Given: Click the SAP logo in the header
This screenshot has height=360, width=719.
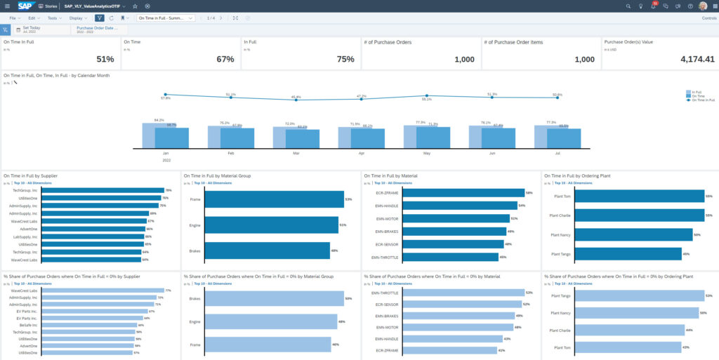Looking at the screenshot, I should click(x=26, y=6).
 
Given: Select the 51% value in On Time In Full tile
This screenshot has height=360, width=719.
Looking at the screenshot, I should click(x=105, y=60).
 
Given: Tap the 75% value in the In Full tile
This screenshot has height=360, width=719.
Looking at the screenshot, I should click(x=345, y=60).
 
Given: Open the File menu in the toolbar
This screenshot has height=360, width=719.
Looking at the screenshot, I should click(x=13, y=18).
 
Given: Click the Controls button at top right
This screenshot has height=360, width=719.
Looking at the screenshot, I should click(x=708, y=18).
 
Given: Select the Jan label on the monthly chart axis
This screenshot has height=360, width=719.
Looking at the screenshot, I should click(x=166, y=152).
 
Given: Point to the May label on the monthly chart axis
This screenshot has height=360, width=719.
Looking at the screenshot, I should click(x=426, y=152).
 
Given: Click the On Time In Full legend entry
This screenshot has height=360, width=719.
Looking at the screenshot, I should click(x=702, y=100).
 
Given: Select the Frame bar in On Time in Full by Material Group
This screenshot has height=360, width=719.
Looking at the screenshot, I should click(x=274, y=199).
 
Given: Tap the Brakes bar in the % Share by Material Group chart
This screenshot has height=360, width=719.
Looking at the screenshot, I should click(x=274, y=299).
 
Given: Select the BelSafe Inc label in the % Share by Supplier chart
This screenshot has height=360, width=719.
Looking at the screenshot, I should click(x=29, y=325).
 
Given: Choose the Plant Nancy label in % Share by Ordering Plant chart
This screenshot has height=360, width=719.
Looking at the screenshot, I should click(x=562, y=313).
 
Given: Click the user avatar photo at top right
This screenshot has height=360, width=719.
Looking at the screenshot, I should click(x=703, y=6).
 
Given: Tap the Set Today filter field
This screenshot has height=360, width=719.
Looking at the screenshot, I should click(x=32, y=28).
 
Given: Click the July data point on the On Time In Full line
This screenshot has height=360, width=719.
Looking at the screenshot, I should click(x=558, y=98).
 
